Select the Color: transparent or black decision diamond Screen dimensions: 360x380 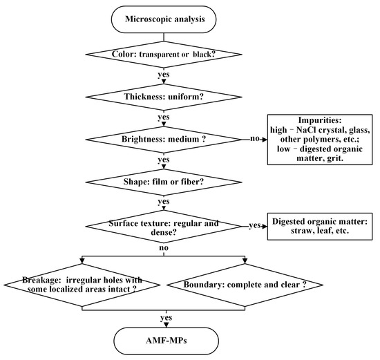pyautogui.click(x=164, y=53)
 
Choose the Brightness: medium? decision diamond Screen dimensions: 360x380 pyautogui.click(x=164, y=138)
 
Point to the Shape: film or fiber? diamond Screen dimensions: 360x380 pyautogui.click(x=164, y=182)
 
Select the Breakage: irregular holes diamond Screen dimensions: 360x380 pyautogui.click(x=83, y=285)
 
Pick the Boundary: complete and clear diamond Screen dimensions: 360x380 pyautogui.click(x=245, y=285)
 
